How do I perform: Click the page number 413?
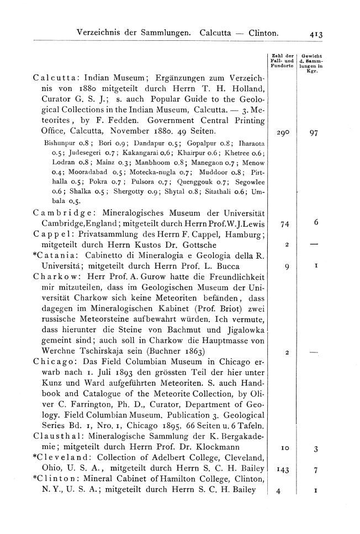pos(316,34)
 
